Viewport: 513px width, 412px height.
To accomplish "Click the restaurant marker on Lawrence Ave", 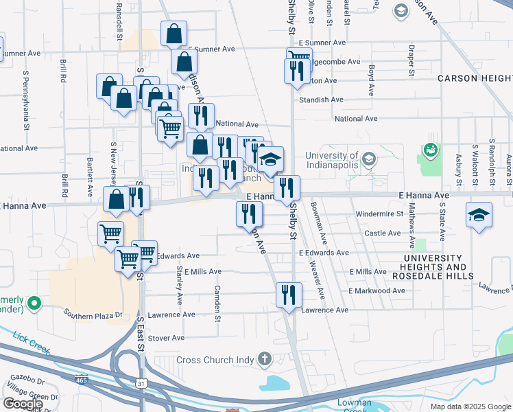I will tap(289, 295).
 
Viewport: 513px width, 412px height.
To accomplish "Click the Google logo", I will tap(23, 404).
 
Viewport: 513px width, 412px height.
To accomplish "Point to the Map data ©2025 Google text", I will tap(470, 407).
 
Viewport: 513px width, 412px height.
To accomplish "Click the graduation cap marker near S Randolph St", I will tap(479, 215).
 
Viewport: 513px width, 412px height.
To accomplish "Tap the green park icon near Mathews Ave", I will tap(430, 148).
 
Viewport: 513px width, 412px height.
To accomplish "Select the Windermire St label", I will tap(379, 214).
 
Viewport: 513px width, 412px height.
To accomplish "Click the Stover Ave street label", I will tap(167, 338).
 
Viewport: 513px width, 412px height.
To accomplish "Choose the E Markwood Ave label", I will tap(376, 291).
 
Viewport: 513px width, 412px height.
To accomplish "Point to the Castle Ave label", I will tap(382, 233).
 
